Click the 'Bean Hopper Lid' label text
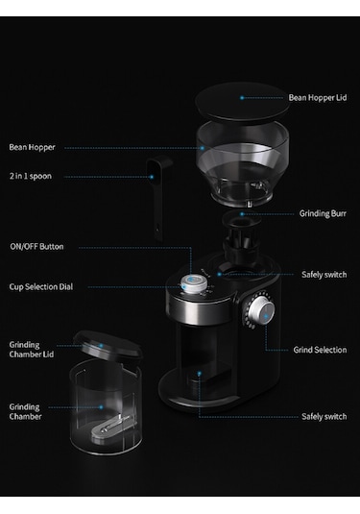[x=318, y=98]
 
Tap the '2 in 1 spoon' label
[x=31, y=176]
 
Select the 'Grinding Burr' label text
[x=323, y=213]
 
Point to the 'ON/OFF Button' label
[x=36, y=247]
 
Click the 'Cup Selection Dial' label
[x=41, y=287]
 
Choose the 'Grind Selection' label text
[x=320, y=350]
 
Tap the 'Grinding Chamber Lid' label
[x=32, y=350]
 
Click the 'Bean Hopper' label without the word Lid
[x=32, y=147]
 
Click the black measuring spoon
[x=158, y=197]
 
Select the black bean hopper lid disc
[x=242, y=102]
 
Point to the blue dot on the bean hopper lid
[x=242, y=98]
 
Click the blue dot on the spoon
[x=152, y=177]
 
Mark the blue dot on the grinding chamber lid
[x=101, y=346]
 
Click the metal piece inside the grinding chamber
[x=109, y=428]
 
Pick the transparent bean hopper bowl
[x=243, y=164]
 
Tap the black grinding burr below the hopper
[x=241, y=237]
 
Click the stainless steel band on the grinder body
[x=200, y=309]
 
